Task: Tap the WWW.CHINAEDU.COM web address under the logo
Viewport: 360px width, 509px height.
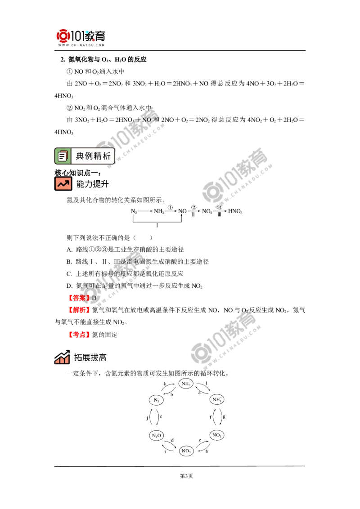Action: (81, 46)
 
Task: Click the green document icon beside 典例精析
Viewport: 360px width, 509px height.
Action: (63, 156)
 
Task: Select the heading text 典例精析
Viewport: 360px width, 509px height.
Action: (93, 156)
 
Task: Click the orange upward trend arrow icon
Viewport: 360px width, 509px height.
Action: (63, 183)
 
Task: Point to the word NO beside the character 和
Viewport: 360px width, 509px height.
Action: (147, 121)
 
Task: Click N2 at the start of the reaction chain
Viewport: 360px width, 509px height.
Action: (133, 211)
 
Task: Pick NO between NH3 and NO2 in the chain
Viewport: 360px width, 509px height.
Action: (182, 211)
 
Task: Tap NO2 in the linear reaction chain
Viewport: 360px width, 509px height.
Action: (207, 211)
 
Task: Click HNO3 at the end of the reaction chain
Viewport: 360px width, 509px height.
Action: (235, 211)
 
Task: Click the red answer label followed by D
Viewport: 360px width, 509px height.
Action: (79, 298)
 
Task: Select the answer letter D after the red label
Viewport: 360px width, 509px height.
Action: (94, 298)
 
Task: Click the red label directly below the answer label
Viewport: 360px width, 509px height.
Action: (79, 310)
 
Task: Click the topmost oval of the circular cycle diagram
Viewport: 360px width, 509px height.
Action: (185, 383)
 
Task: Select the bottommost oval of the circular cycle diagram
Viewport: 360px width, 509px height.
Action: (186, 451)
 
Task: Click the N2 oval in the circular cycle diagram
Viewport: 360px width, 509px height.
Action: (156, 400)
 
